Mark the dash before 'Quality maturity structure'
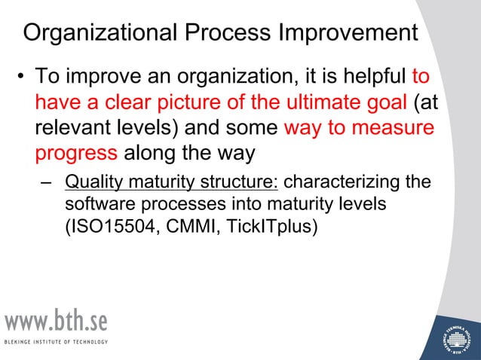(x=47, y=183)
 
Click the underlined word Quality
(x=90, y=183)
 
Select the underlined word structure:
(x=238, y=183)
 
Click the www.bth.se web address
(x=57, y=322)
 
